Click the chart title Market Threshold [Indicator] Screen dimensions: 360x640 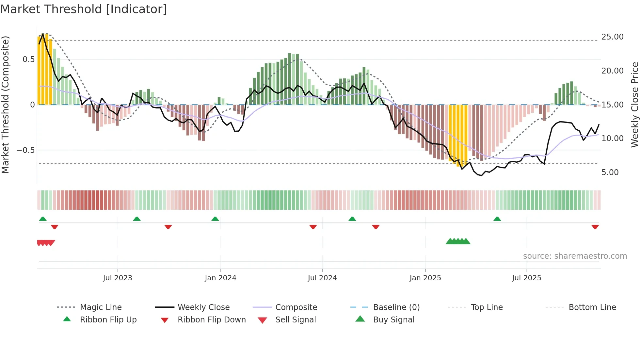pos(84,9)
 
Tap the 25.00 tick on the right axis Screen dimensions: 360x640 pos(612,37)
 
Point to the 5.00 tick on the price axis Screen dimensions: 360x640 pos(610,172)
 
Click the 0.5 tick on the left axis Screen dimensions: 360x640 pos(28,59)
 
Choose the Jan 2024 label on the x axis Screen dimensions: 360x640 pos(220,278)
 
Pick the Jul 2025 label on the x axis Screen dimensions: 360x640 pos(526,278)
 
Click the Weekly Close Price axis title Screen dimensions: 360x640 pos(634,105)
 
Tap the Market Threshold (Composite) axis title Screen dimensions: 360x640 pos(5,105)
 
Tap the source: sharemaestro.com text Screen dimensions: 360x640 pos(575,256)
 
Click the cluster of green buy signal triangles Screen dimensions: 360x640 pos(458,241)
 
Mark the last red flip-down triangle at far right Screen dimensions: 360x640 pos(595,227)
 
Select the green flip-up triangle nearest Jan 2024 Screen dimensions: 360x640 pos(215,219)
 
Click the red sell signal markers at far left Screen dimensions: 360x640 pos(46,243)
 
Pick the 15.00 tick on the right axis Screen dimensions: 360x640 pos(612,105)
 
